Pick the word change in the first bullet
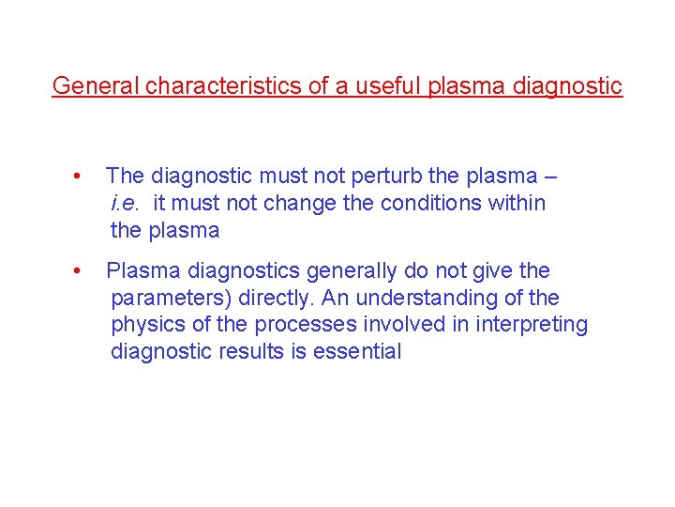pos(301,203)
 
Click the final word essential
pos(362,352)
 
